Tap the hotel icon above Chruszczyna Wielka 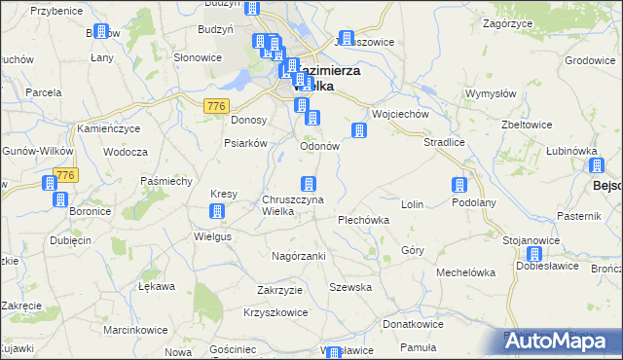pos(309,183)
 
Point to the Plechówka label pos(363,220)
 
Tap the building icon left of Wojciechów pos(358,130)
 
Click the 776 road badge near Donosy pos(216,105)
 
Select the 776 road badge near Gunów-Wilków pos(65,175)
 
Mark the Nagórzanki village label pos(298,255)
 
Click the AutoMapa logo pos(562,341)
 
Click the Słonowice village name pos(198,57)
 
